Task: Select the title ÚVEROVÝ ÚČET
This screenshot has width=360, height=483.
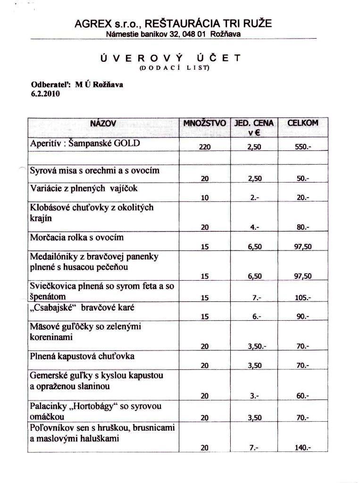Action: [170, 58]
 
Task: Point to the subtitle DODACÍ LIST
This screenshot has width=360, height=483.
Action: [171, 67]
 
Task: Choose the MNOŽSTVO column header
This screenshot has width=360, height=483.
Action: [205, 124]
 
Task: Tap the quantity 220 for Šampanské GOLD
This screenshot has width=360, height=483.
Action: [204, 147]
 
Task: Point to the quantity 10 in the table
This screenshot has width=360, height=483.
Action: [205, 198]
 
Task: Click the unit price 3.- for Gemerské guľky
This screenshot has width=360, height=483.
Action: [255, 396]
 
